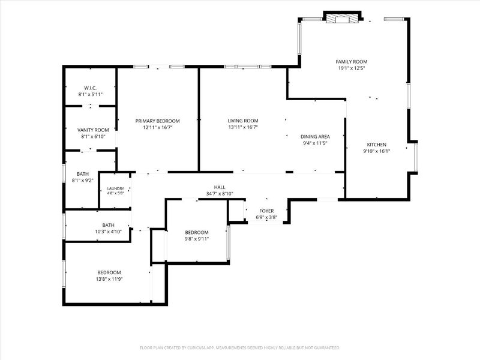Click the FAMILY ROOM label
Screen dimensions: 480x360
pos(352,62)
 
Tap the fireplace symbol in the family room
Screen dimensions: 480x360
pos(341,19)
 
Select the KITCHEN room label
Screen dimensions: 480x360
pos(377,145)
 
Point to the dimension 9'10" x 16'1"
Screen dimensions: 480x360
pos(377,151)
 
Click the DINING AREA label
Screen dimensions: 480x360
pos(315,137)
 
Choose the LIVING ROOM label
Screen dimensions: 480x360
pos(243,121)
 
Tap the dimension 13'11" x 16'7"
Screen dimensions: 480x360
pos(243,127)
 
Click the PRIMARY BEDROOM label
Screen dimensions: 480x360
pos(157,121)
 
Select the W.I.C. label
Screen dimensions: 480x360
pos(91,88)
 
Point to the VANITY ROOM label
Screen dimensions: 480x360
pos(93,130)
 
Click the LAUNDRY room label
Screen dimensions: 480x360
pos(115,188)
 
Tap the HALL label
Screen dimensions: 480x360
pos(220,187)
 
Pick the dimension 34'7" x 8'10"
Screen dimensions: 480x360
pos(220,193)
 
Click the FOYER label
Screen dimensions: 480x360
pos(266,211)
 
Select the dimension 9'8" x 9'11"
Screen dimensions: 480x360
pos(197,239)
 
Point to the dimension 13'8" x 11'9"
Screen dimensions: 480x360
pos(109,279)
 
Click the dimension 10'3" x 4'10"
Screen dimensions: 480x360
pos(108,232)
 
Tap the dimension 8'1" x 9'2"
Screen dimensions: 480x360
pos(82,181)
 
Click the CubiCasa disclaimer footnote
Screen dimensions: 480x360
pos(239,348)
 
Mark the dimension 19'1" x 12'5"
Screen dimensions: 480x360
pos(352,68)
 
